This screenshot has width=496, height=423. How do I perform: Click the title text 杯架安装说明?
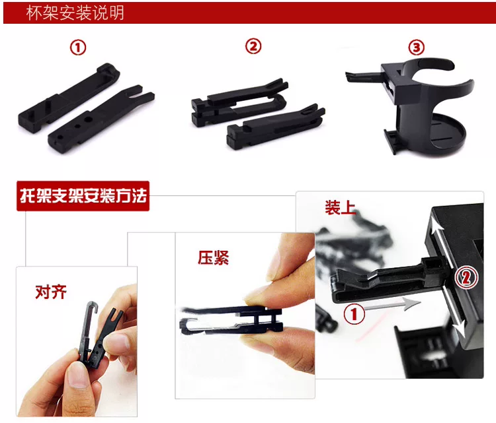(x=75, y=13)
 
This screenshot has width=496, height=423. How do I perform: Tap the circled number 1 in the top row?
(x=78, y=48)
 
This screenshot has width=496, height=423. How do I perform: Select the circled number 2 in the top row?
(x=253, y=46)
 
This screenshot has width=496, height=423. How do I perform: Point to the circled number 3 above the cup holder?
(x=417, y=48)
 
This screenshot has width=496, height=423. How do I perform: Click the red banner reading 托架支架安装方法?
(x=83, y=196)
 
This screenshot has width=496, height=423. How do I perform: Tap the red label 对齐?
(x=51, y=292)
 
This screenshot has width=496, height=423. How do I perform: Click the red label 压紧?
(x=213, y=257)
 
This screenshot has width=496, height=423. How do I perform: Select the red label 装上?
(x=340, y=208)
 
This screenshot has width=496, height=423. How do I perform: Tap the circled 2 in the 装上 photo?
(x=466, y=277)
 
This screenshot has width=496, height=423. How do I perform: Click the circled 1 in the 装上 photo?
(x=354, y=314)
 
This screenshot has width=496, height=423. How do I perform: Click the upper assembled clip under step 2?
(x=239, y=102)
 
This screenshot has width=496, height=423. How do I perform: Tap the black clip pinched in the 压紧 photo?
(x=231, y=319)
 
